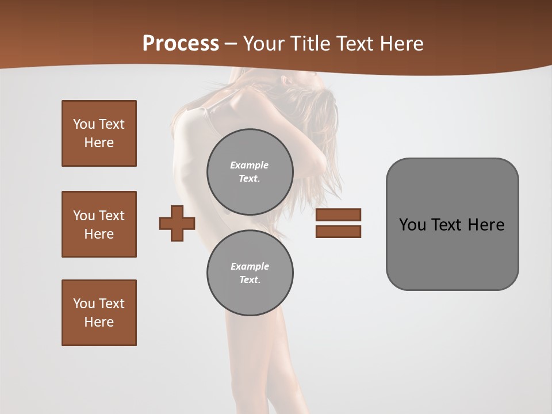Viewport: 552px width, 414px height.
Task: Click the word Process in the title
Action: [181, 43]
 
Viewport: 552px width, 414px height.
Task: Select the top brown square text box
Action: [99, 133]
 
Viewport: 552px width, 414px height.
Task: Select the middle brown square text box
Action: [99, 224]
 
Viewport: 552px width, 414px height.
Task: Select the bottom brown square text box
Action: [99, 313]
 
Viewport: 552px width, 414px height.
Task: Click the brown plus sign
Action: [177, 223]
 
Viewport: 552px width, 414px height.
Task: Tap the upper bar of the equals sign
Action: [338, 214]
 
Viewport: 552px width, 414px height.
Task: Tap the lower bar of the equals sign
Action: [338, 231]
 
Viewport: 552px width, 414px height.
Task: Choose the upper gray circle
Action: [250, 171]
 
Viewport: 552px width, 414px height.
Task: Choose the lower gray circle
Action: [250, 273]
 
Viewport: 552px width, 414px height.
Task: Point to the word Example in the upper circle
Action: [250, 165]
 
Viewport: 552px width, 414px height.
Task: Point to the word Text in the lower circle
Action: [249, 279]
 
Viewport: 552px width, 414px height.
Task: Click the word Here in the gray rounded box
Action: [486, 225]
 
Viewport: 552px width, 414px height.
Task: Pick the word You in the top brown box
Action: [83, 124]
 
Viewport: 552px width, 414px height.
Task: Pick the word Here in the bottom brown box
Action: [99, 322]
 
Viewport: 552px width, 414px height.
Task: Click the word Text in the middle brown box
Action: [112, 216]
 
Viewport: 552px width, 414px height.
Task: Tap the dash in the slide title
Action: [231, 44]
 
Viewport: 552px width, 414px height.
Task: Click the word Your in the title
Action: [264, 43]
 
